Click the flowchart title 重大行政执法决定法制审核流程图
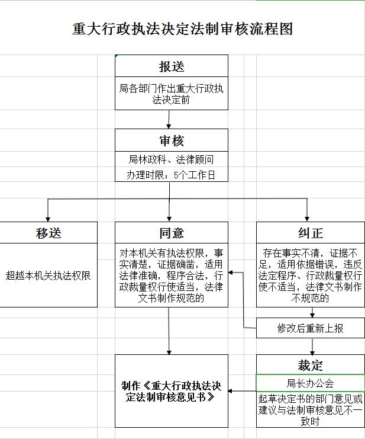pyautogui.click(x=182, y=29)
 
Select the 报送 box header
pyautogui.click(x=172, y=66)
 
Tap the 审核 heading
pyautogui.click(x=172, y=140)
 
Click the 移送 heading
pyautogui.click(x=49, y=233)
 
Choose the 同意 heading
pyautogui.click(x=172, y=233)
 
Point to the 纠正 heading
pyautogui.click(x=311, y=233)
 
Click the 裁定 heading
pyautogui.click(x=311, y=365)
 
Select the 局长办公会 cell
pyautogui.click(x=311, y=383)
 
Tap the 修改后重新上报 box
pyautogui.click(x=311, y=328)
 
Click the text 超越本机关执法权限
pyautogui.click(x=49, y=275)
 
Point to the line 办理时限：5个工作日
pyautogui.click(x=171, y=175)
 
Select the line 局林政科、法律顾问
pyautogui.click(x=171, y=159)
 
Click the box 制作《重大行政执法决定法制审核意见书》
pyautogui.click(x=172, y=391)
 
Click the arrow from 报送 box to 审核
pyautogui.click(x=169, y=119)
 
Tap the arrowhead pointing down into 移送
pyautogui.click(x=48, y=219)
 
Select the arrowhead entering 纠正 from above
pyautogui.click(x=307, y=219)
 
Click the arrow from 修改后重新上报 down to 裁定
pyautogui.click(x=312, y=347)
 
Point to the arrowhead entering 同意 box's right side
pyautogui.click(x=231, y=273)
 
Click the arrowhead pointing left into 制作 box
pyautogui.click(x=231, y=391)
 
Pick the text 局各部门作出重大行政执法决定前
pyautogui.click(x=171, y=94)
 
